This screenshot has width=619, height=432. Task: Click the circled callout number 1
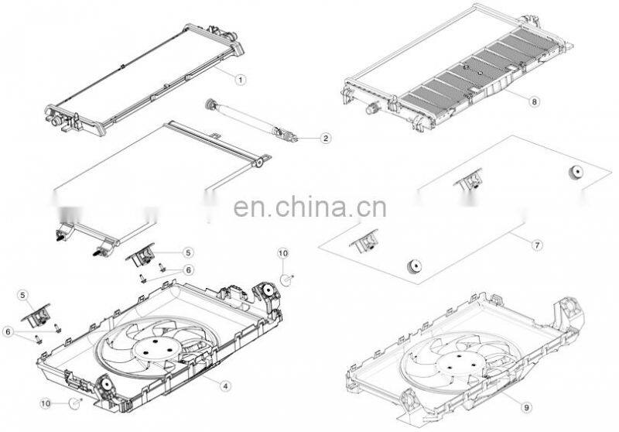click(240, 79)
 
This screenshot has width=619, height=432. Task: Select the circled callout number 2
click(326, 139)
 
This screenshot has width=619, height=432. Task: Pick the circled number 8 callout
click(534, 101)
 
